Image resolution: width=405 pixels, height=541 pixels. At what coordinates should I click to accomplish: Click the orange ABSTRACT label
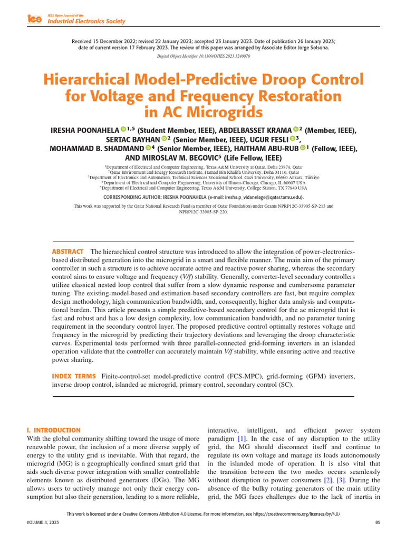coord(67,251)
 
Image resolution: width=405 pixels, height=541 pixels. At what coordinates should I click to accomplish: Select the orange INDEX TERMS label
coord(74,376)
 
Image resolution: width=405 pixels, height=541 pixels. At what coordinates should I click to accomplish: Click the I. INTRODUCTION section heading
coord(54,431)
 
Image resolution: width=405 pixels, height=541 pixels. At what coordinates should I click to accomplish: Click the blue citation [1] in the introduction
coord(242,439)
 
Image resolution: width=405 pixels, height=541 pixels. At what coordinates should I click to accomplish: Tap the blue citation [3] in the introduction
coord(341,480)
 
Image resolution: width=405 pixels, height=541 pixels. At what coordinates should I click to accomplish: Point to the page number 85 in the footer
coord(377,522)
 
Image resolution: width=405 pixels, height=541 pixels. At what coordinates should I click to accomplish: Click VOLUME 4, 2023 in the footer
coord(43,522)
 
